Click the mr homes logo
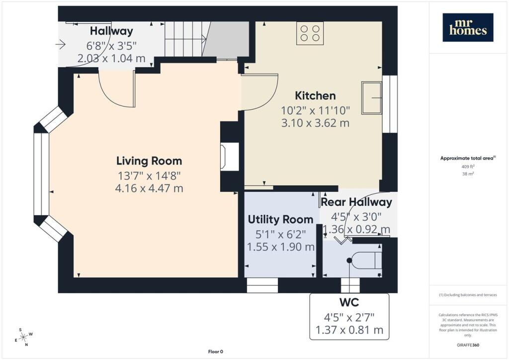point(468,27)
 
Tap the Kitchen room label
point(315,96)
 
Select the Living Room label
point(149,161)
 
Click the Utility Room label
point(280,219)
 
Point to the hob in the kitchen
point(310,33)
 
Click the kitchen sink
point(372,97)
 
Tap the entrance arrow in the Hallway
point(61,44)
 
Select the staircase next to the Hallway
point(206,39)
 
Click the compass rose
point(24,337)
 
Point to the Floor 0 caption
point(216,352)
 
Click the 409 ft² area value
point(468,167)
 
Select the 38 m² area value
point(468,174)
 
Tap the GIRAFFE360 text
point(468,345)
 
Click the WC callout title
point(349,302)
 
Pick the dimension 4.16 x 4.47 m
point(149,188)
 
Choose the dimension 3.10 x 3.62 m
point(315,123)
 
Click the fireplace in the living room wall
point(225,157)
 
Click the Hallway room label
point(111,31)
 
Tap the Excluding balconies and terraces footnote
point(468,295)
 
